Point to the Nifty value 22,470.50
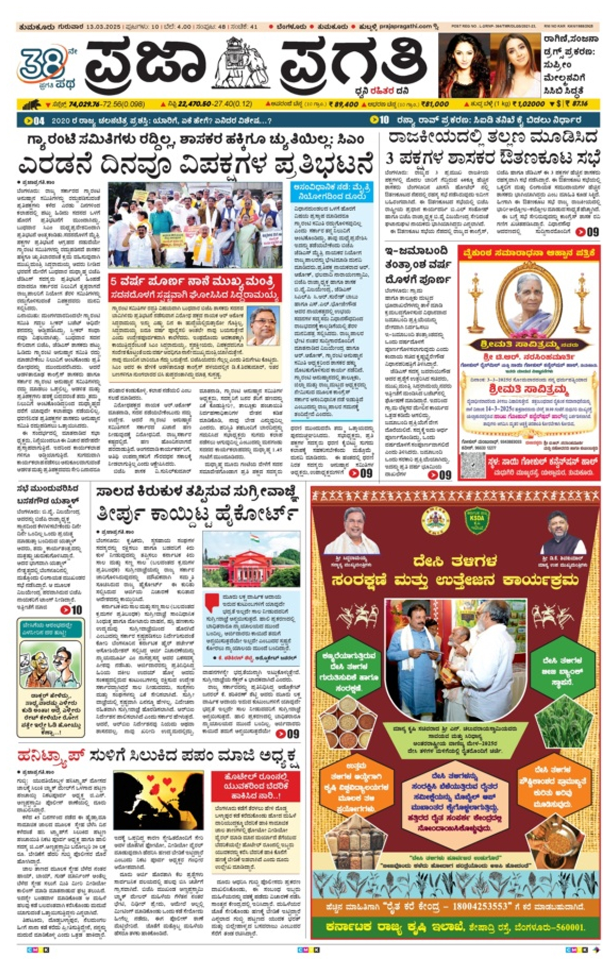[195, 104]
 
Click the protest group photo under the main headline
[195, 225]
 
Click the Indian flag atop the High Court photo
[255, 538]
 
